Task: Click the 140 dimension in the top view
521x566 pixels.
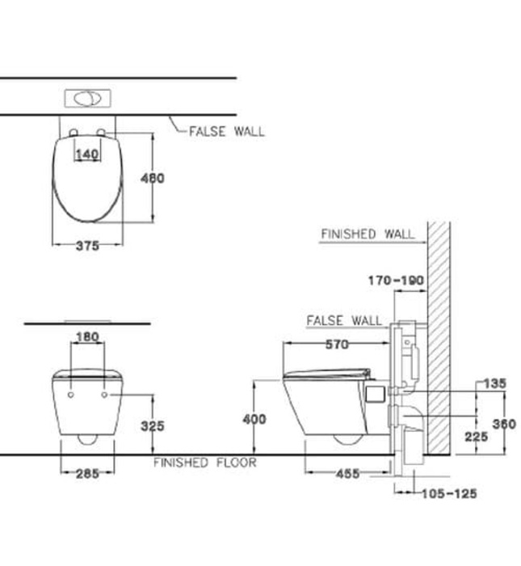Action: (86, 154)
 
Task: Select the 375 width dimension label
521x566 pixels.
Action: (86, 246)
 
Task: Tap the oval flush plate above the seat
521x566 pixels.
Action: (88, 99)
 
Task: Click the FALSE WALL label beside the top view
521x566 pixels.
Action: (226, 131)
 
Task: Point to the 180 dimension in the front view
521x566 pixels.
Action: (87, 336)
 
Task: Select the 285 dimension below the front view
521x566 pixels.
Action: (88, 474)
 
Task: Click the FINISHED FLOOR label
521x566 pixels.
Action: (205, 463)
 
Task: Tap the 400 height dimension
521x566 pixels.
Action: (254, 419)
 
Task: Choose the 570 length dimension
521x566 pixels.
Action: (337, 344)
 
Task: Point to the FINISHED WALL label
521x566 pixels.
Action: (368, 234)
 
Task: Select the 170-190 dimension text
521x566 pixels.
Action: (395, 281)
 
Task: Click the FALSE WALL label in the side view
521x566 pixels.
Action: (344, 321)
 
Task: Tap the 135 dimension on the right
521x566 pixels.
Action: (494, 384)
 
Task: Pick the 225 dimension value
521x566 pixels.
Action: (477, 436)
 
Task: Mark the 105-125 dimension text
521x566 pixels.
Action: (448, 493)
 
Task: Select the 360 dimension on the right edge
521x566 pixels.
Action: (504, 424)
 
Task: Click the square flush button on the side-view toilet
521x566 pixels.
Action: (374, 395)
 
